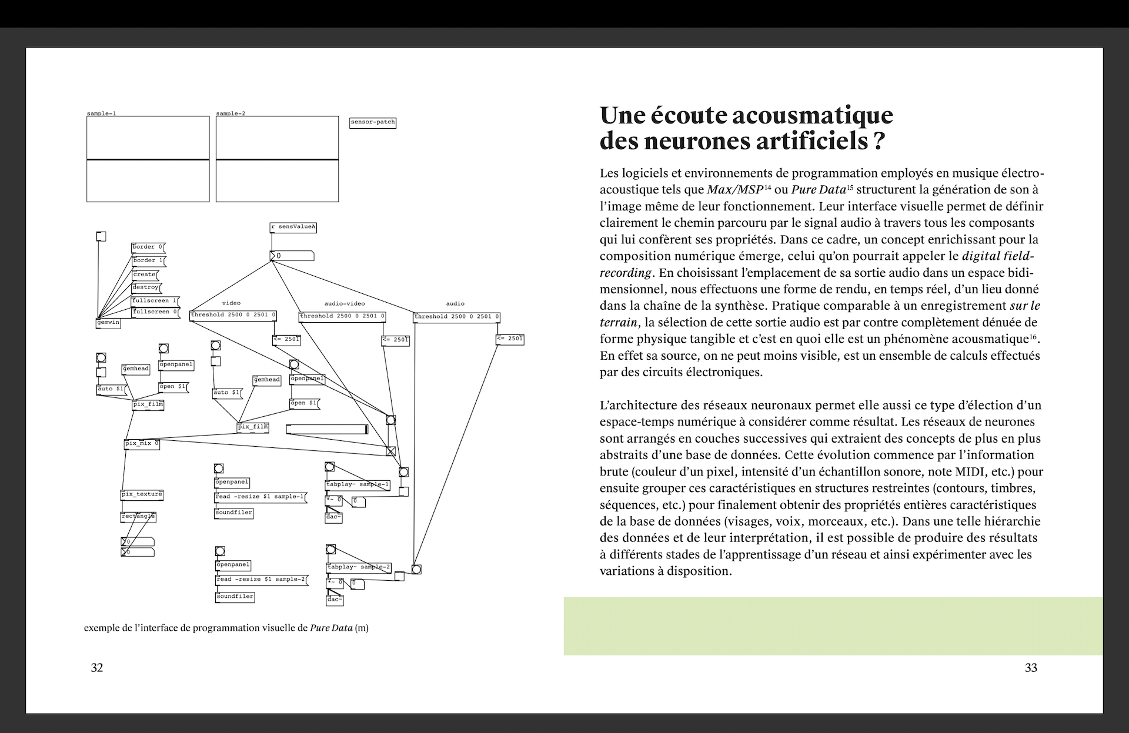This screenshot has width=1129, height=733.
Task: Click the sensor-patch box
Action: [373, 122]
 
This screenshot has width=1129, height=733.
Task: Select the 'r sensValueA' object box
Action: [293, 227]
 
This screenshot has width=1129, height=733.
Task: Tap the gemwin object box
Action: [108, 323]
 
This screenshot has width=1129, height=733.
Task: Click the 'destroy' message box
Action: [146, 287]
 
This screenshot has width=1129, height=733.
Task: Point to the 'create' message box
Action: [145, 275]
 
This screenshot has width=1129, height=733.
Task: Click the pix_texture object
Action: [142, 494]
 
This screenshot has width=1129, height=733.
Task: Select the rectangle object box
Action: [138, 517]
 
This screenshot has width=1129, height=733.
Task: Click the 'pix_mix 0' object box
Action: [142, 444]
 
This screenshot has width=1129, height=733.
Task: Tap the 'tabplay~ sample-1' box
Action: [358, 485]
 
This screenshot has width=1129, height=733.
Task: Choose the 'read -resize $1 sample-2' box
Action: [261, 580]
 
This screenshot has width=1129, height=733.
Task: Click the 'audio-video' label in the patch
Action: [345, 304]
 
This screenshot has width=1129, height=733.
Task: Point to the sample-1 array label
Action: [101, 113]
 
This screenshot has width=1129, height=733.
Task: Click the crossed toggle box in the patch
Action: [390, 451]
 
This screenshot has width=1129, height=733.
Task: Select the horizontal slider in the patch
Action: [327, 430]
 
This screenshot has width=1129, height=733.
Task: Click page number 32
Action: [97, 668]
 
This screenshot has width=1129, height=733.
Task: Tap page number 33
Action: [1031, 668]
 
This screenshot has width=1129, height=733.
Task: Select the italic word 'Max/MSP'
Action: [734, 190]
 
